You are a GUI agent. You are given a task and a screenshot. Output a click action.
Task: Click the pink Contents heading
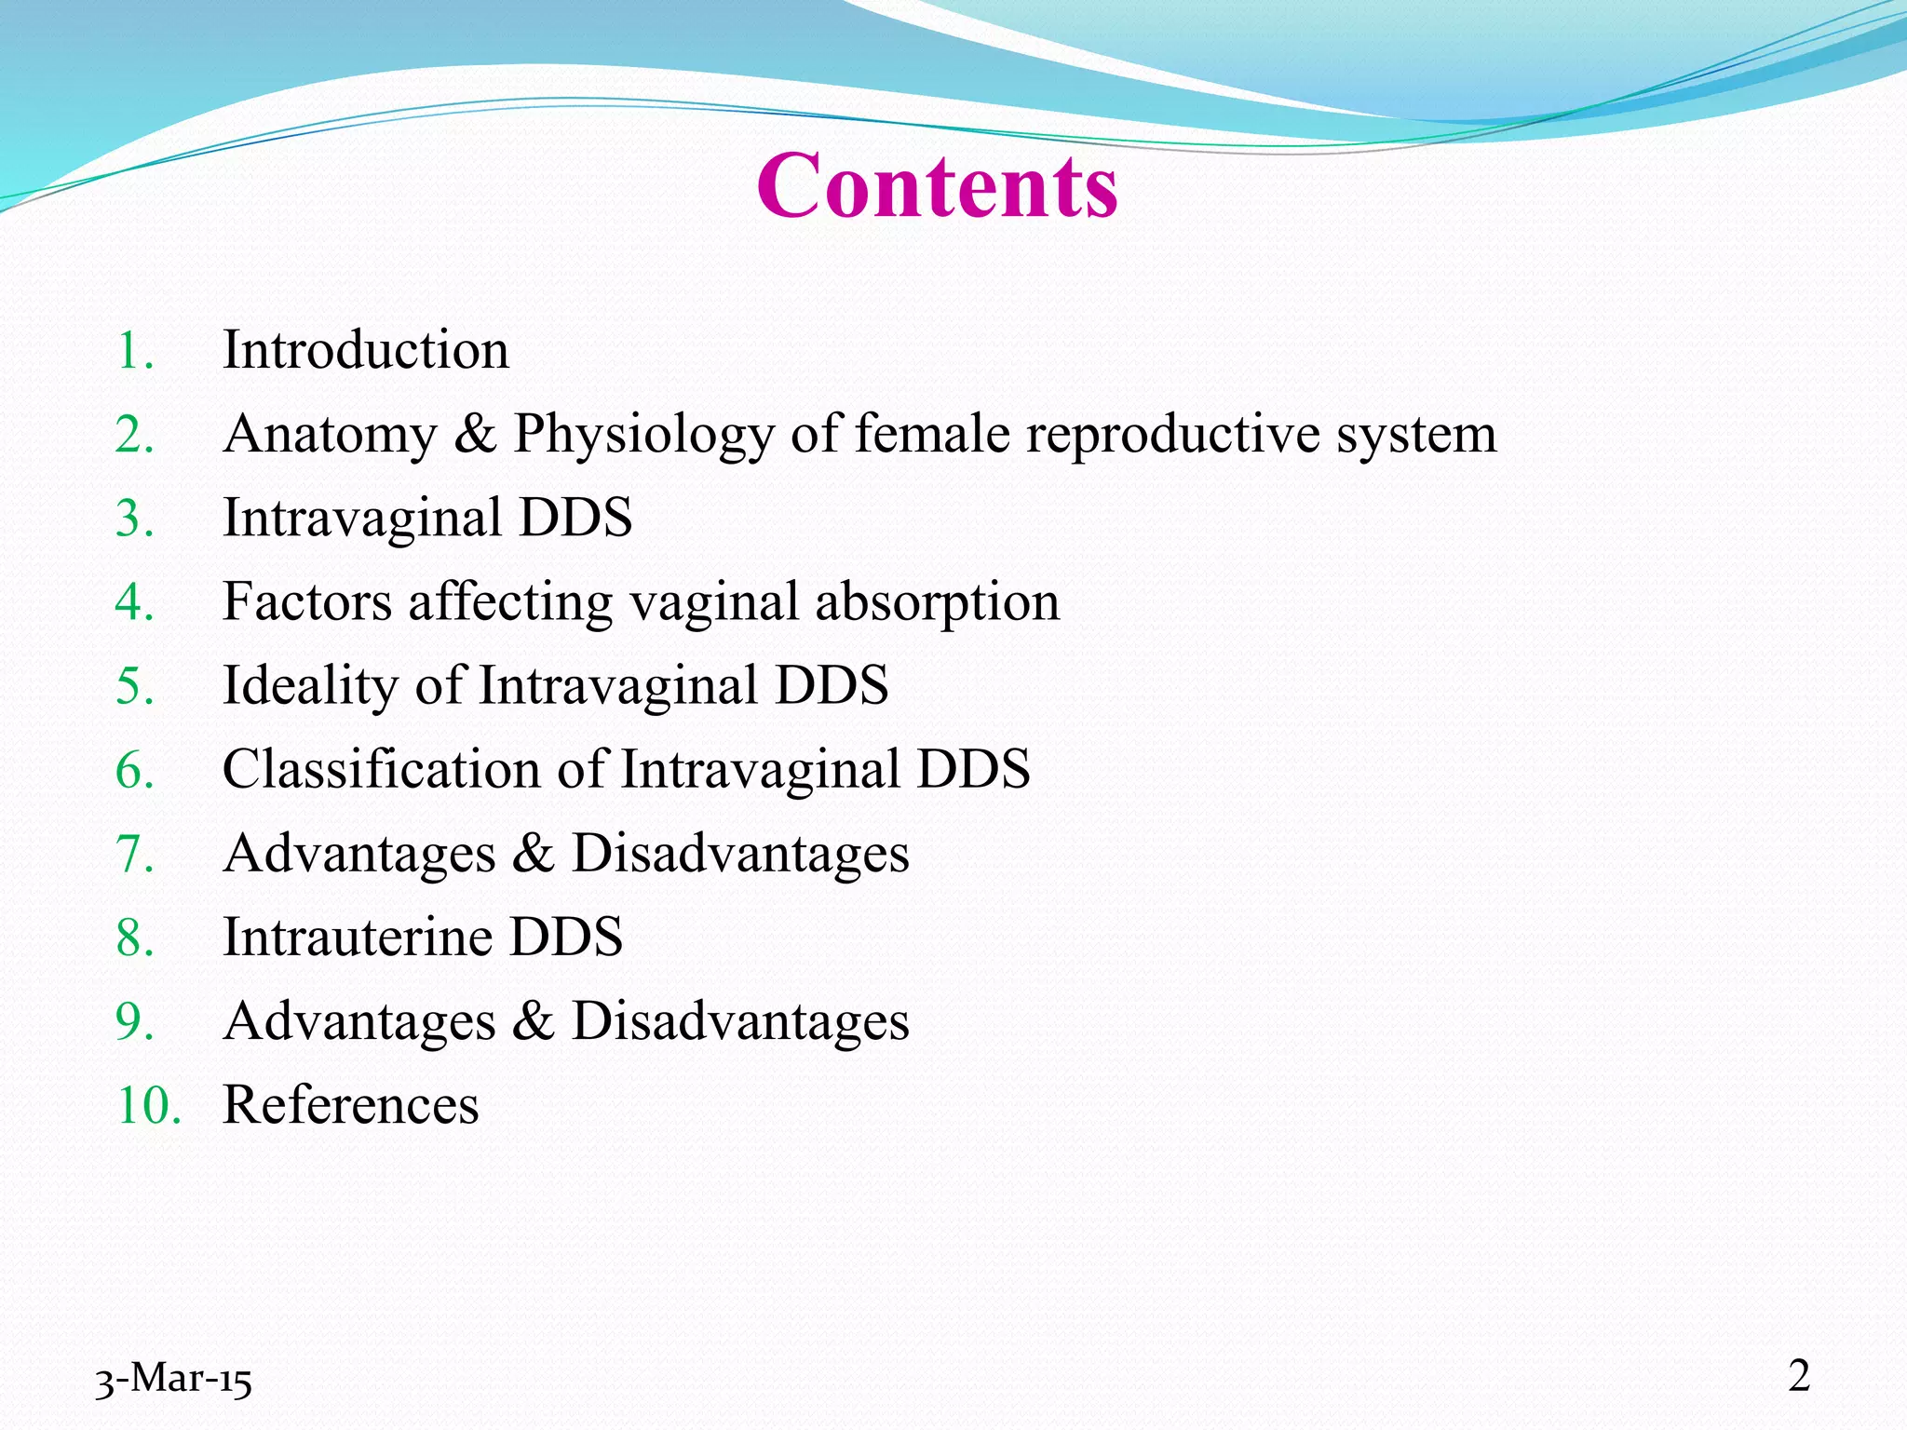click(937, 186)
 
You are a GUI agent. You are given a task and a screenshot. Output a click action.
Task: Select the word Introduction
click(366, 351)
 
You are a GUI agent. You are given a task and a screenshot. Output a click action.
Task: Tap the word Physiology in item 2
click(643, 435)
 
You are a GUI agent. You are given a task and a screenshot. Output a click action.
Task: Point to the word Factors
click(307, 601)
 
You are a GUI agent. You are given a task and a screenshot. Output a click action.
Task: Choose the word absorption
click(938, 603)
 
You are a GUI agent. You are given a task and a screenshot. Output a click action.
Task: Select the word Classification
click(381, 770)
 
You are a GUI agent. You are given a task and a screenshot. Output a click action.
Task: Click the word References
click(351, 1105)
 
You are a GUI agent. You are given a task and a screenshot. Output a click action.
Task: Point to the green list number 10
click(148, 1106)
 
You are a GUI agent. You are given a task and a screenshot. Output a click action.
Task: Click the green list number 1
click(135, 352)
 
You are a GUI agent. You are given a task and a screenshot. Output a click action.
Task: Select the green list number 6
click(135, 771)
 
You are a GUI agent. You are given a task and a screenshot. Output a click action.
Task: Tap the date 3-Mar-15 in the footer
click(173, 1379)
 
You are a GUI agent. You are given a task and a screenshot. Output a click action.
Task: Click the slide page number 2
click(1799, 1376)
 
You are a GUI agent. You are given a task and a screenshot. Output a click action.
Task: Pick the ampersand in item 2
click(475, 435)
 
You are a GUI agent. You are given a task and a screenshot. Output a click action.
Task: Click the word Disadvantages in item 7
click(740, 854)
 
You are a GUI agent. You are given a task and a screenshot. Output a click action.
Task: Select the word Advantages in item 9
click(359, 1021)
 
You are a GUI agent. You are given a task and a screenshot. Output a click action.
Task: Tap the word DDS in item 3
click(575, 518)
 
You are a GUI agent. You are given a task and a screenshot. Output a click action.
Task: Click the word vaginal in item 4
click(714, 603)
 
